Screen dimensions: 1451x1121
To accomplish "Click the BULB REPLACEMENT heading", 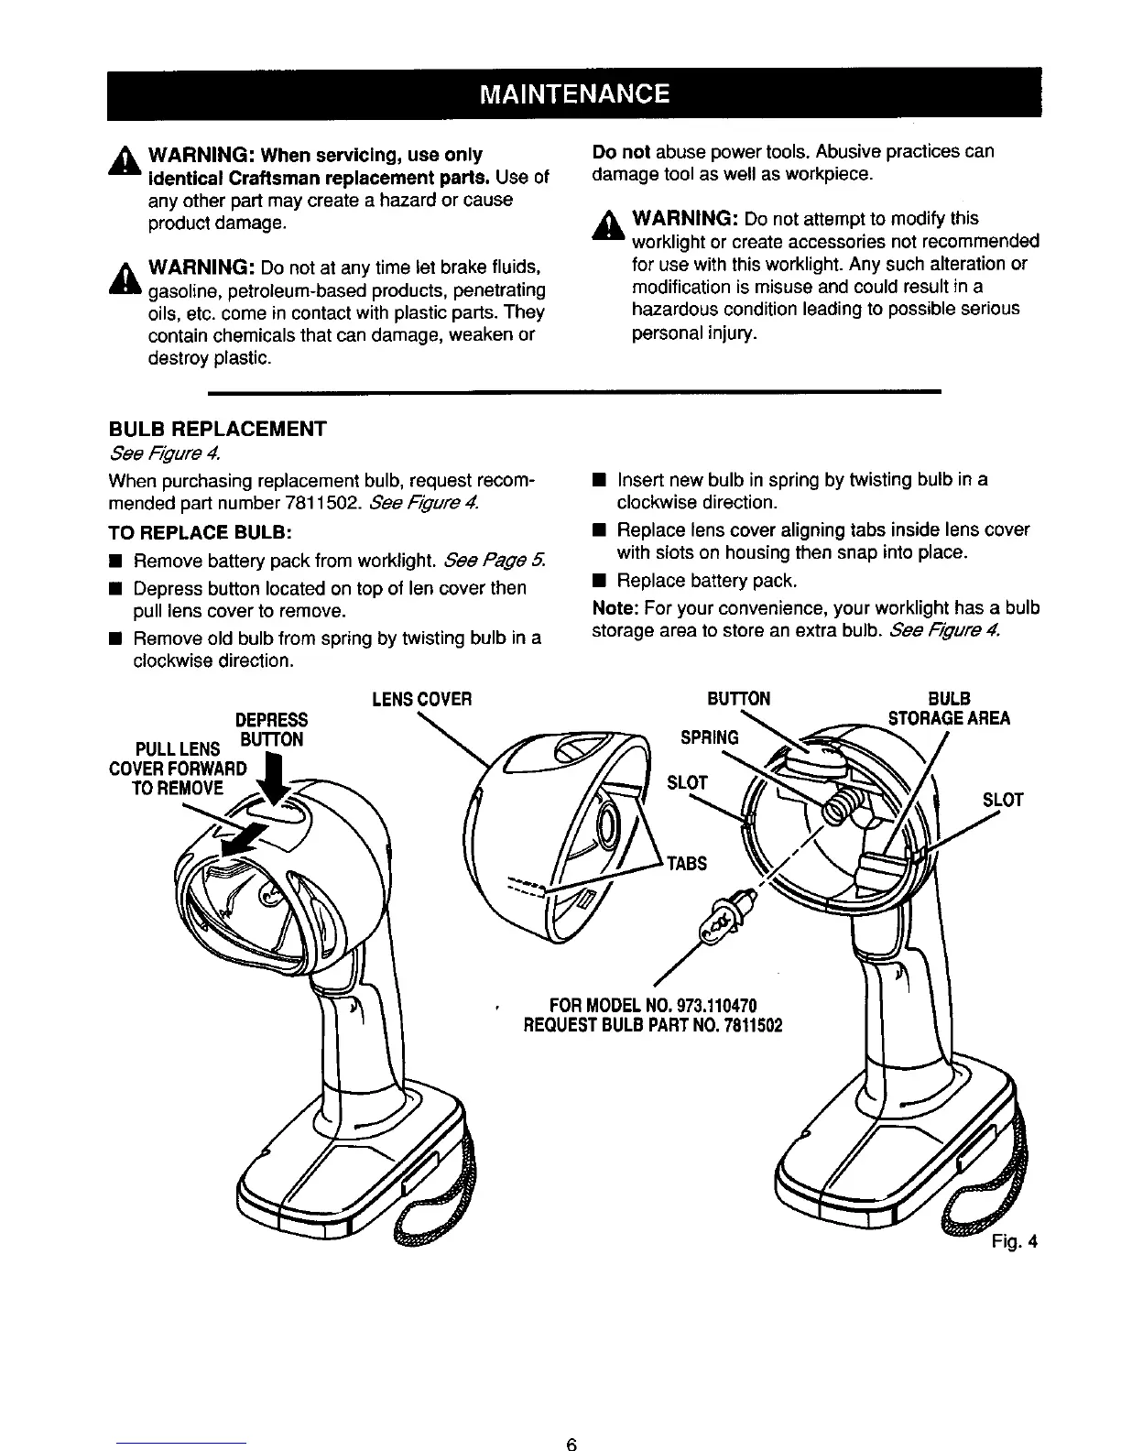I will click(217, 429).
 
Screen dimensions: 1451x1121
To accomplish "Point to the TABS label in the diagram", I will click(686, 863).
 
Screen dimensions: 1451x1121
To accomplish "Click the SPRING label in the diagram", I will click(709, 736).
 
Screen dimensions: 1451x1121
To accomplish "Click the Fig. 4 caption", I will click(1013, 1243).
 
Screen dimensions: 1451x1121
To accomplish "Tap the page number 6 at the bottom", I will click(571, 1445).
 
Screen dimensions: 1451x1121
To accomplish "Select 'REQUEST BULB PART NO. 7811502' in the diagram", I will click(651, 1024).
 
